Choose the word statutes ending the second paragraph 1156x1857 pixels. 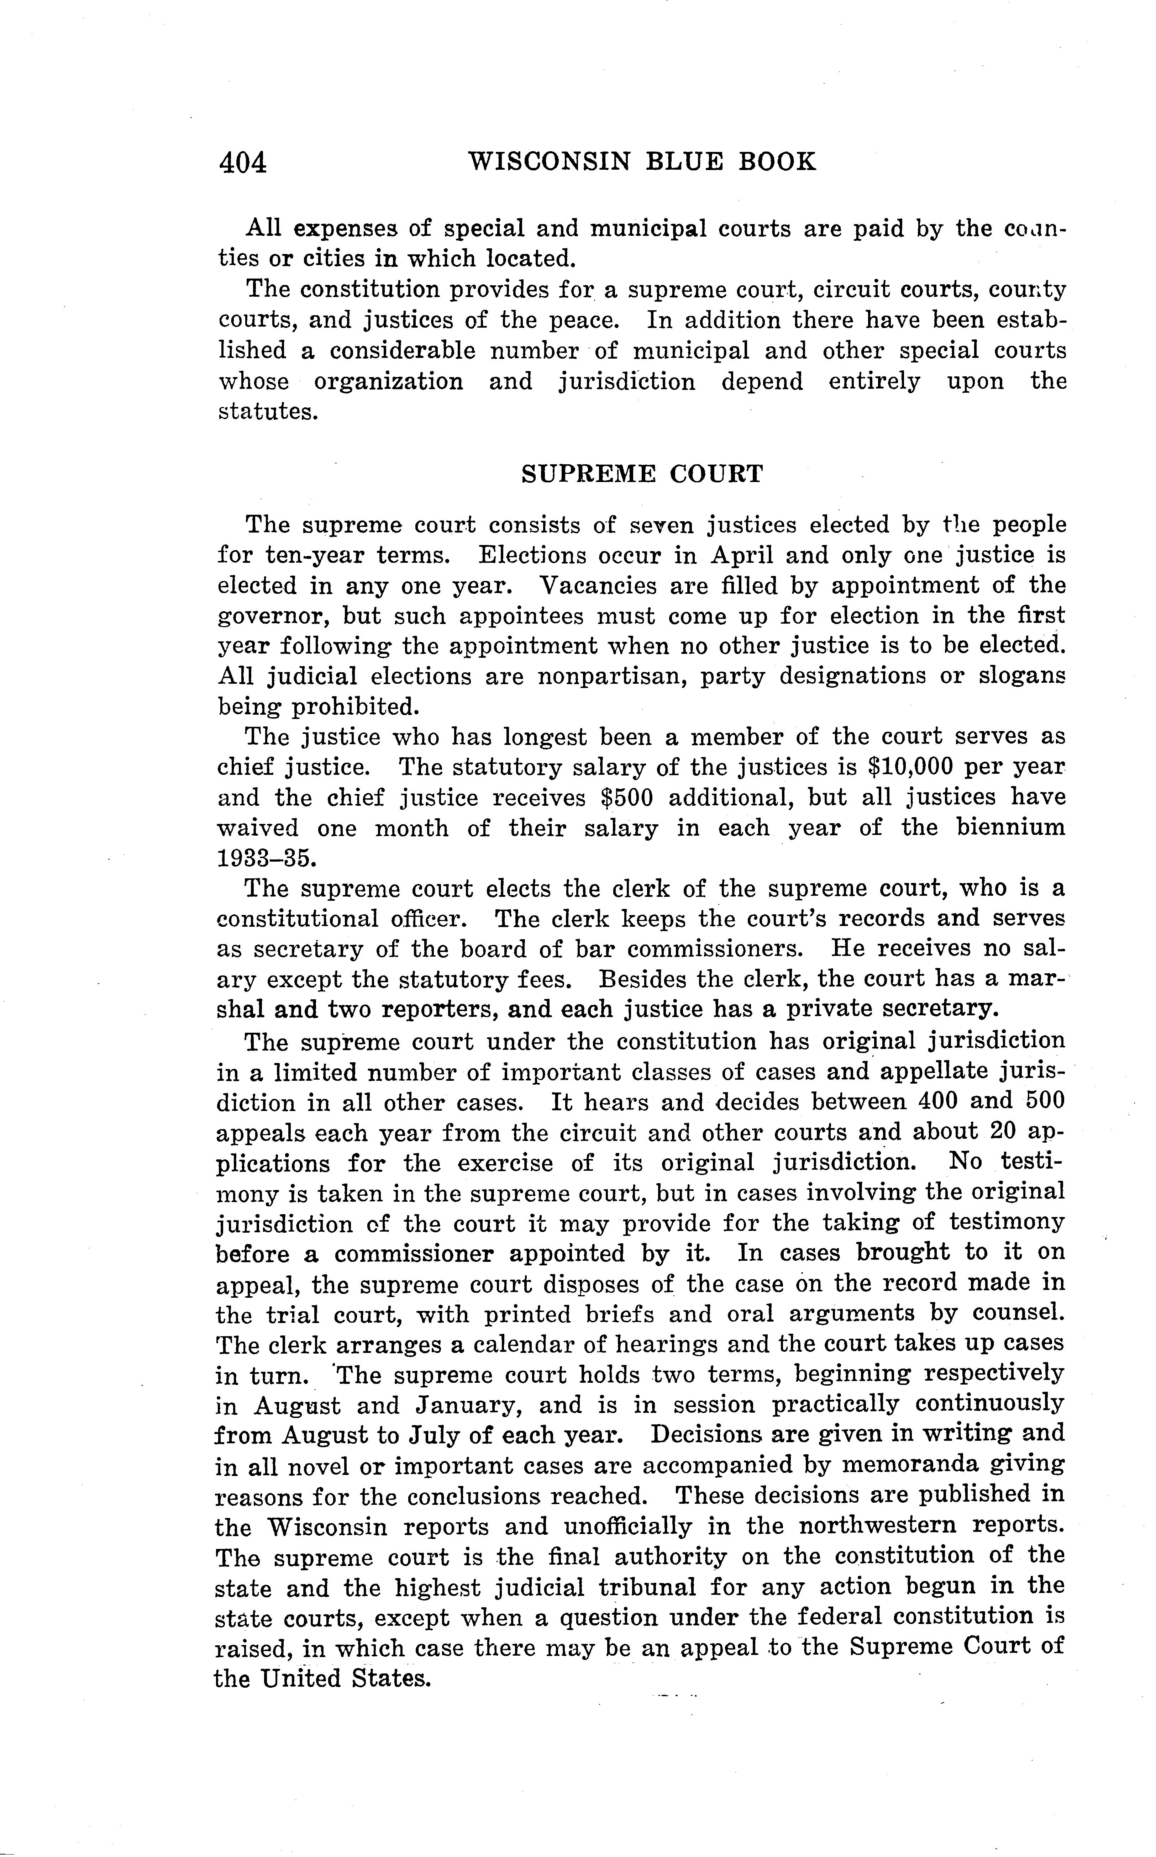268,412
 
